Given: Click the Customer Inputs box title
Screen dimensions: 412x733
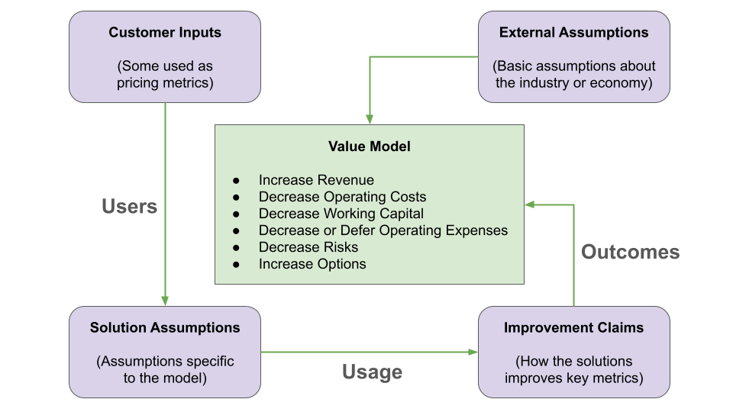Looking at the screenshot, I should click(165, 32).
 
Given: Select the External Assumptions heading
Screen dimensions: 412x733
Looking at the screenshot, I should click(573, 32).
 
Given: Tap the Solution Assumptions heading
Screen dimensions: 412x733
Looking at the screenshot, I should click(165, 327).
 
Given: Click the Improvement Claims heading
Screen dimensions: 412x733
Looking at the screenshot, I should click(573, 327).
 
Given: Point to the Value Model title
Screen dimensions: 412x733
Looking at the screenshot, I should click(370, 146).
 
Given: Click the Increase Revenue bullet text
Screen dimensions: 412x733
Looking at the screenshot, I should click(316, 180).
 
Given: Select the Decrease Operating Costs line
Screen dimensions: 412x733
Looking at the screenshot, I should click(342, 197).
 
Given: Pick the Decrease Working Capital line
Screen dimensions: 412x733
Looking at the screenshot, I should click(341, 214).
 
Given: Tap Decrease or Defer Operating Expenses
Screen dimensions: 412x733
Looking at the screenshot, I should click(383, 230).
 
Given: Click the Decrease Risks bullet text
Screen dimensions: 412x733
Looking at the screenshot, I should click(308, 247).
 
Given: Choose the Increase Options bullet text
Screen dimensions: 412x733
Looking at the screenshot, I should click(312, 264).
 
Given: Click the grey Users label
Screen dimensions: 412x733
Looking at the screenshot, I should click(129, 206).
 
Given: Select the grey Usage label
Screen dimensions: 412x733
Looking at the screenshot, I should click(372, 372).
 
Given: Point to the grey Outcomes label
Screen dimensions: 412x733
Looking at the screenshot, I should click(630, 252).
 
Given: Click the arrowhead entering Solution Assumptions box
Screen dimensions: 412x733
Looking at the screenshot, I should click(165, 301).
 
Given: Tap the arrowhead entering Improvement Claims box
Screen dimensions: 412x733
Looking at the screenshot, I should click(473, 352).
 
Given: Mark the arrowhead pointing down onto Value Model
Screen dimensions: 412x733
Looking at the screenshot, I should click(370, 119).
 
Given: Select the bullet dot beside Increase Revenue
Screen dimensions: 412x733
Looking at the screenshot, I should click(237, 181).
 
